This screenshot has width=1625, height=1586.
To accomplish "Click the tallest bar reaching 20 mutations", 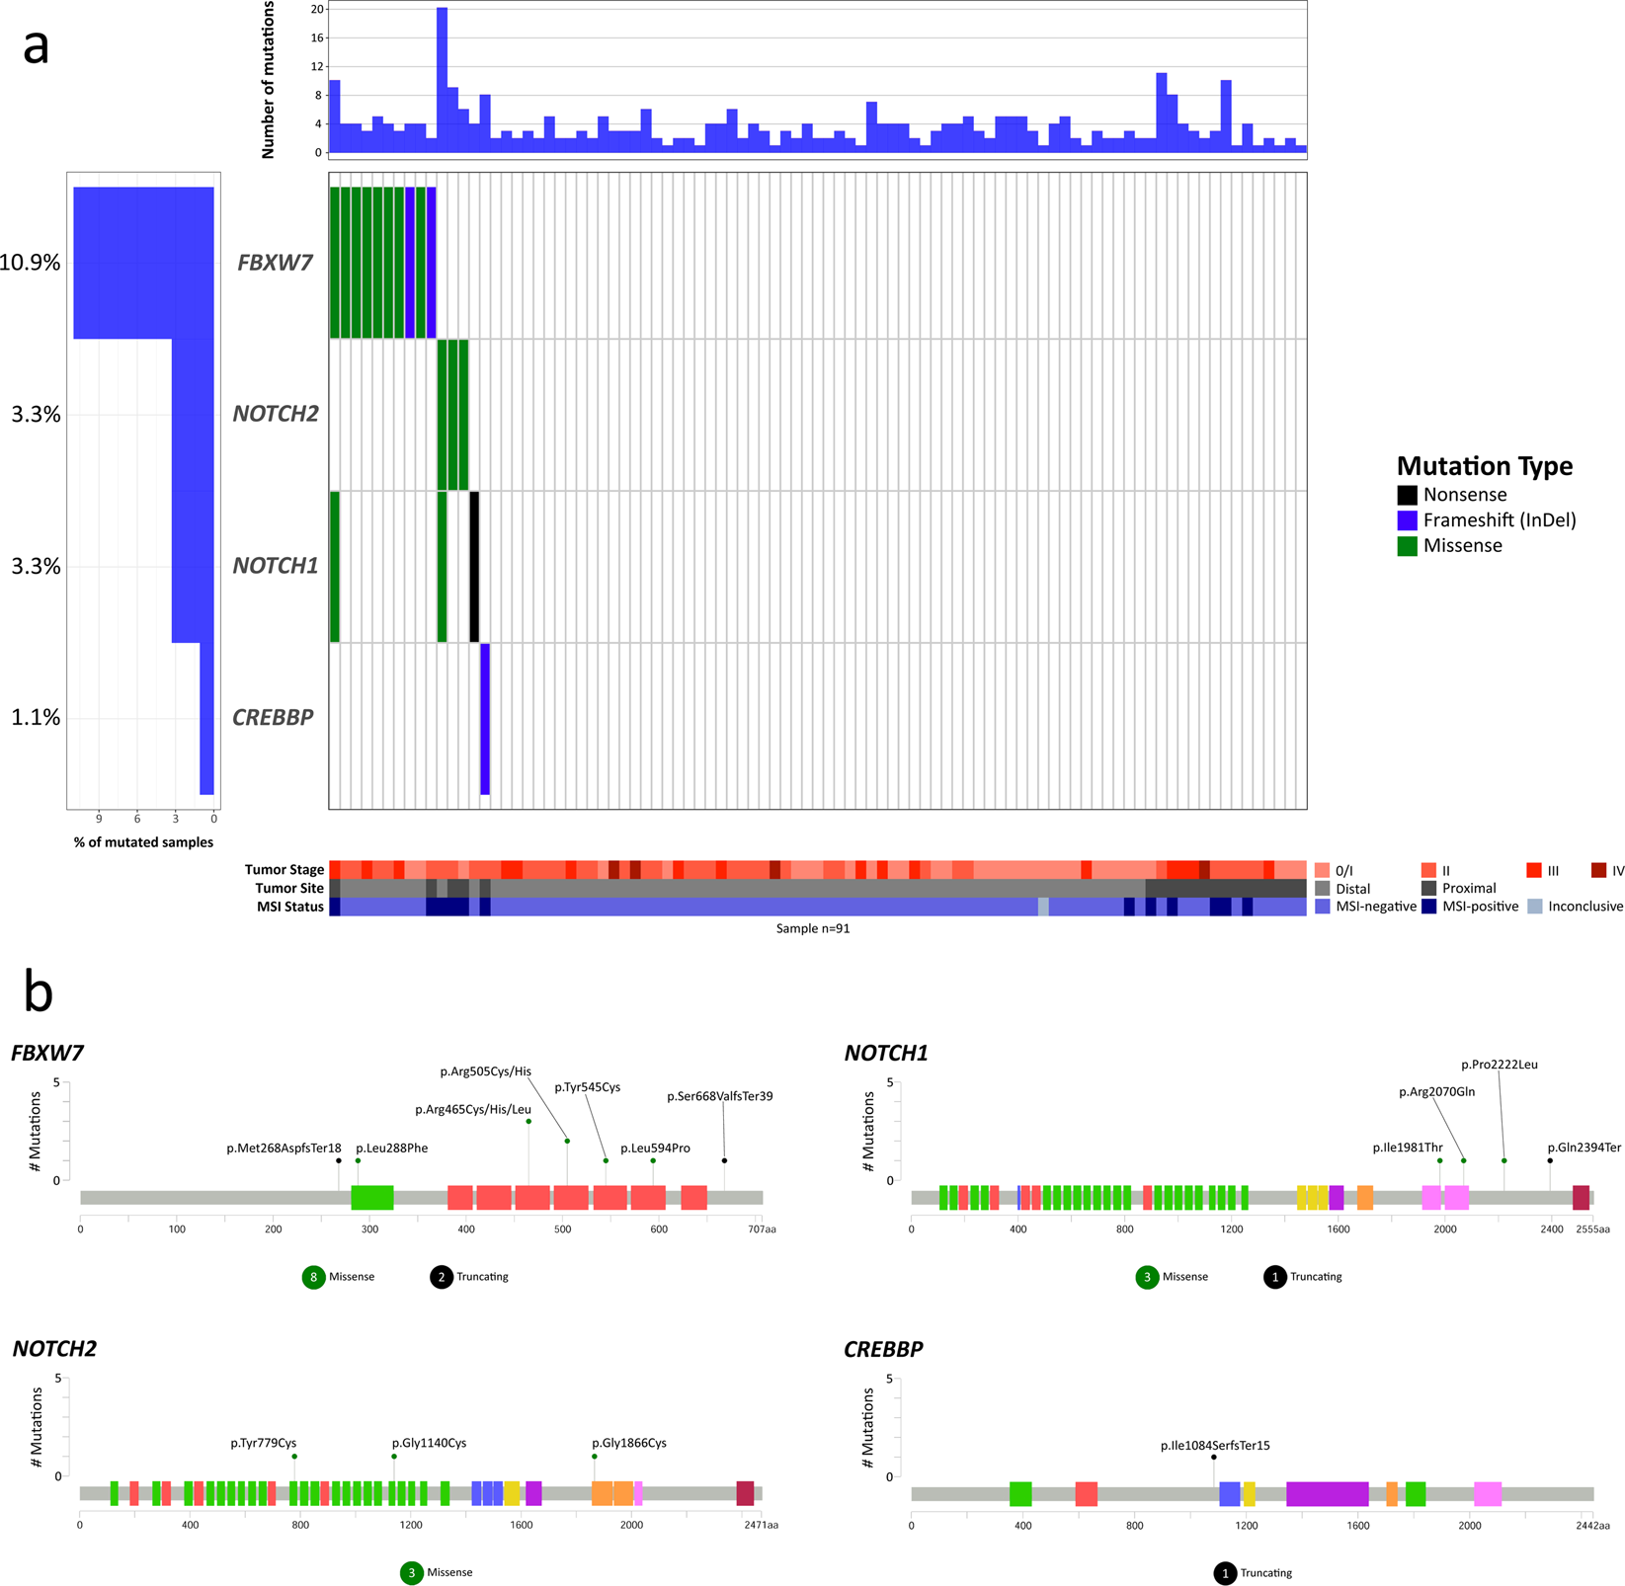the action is [x=442, y=80].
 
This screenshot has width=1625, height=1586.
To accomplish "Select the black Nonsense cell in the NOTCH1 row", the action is [x=474, y=567].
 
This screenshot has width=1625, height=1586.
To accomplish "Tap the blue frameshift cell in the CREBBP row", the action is [x=485, y=719].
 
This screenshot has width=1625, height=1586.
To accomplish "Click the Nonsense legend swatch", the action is [x=1407, y=495].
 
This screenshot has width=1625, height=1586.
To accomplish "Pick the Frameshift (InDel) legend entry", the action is [x=1487, y=520].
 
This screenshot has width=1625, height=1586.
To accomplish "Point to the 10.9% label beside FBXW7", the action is [x=31, y=263].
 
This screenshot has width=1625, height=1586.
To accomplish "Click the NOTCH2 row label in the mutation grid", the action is [x=276, y=414].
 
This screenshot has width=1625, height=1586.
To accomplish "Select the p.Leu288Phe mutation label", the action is [x=392, y=1149].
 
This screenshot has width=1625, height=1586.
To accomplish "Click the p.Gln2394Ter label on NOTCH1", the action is [x=1584, y=1149].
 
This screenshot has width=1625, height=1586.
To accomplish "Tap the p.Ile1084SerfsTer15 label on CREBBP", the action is [x=1215, y=1446].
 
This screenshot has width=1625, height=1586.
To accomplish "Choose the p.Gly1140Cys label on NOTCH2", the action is [x=429, y=1443].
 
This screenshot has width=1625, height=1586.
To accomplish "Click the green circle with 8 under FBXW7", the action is [x=314, y=1277].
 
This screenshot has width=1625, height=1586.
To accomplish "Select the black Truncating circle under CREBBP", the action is [x=1225, y=1573].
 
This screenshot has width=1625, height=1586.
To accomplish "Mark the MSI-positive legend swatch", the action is [x=1429, y=907].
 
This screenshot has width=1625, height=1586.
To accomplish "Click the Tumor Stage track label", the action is [x=284, y=870].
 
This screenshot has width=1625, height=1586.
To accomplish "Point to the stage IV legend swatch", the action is [x=1598, y=870].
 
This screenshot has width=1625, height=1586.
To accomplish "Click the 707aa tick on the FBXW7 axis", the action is [x=762, y=1229].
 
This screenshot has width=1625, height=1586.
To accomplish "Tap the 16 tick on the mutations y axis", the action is [x=317, y=39].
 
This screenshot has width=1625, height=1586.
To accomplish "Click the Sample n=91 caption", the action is [x=813, y=928].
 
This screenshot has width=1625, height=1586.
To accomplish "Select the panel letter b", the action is [x=39, y=991].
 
